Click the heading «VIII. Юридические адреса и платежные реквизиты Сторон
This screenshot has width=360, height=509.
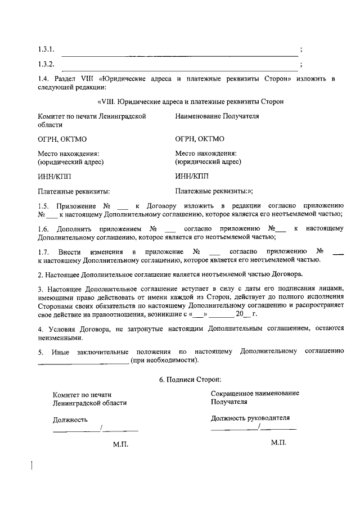pos(191,101)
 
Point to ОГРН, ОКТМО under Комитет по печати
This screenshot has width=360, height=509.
pos(62,138)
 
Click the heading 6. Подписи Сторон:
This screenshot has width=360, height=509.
pos(190,380)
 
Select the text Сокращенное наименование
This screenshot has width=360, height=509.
pos(255,393)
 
